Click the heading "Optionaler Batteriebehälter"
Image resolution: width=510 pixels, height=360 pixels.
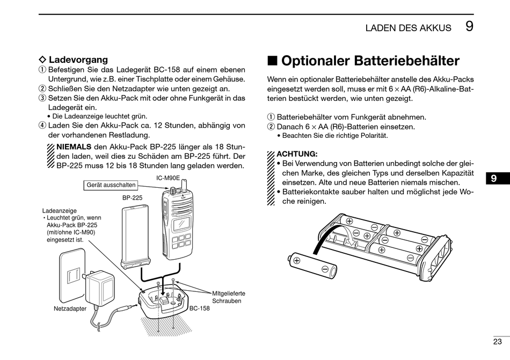370,61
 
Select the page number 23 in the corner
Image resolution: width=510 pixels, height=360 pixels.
497,341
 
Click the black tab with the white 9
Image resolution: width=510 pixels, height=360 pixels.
494,179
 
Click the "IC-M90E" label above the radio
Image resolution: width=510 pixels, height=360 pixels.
168,178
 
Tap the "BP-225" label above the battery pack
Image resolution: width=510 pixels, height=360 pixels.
132,197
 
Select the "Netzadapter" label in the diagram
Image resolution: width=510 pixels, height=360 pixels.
70,309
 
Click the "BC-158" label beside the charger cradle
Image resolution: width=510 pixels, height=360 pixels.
199,308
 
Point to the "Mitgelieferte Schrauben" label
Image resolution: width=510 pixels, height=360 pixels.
229,297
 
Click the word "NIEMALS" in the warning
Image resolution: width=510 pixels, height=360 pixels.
74,146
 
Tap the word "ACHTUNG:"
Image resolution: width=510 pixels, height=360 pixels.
297,153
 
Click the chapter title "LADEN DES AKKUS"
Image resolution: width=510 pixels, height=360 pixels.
408,28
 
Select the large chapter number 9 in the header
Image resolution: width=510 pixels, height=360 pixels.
469,26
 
